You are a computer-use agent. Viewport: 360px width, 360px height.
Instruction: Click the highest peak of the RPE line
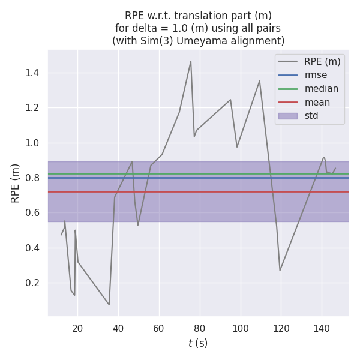tap(191, 61)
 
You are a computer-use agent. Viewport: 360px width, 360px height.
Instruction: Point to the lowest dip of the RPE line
tap(109, 305)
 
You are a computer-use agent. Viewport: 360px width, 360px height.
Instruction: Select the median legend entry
tap(321, 89)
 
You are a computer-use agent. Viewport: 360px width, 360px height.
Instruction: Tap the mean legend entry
tap(317, 103)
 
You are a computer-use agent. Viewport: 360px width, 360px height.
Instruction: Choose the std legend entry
tap(311, 116)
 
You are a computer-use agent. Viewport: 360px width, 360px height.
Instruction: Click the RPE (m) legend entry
tap(322, 61)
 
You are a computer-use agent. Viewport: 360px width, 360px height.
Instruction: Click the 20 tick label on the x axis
tap(77, 328)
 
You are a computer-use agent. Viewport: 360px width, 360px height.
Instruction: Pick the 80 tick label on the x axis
tap(199, 328)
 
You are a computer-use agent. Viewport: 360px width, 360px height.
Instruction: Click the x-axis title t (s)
tap(198, 343)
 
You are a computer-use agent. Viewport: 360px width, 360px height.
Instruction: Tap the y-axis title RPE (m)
tap(16, 182)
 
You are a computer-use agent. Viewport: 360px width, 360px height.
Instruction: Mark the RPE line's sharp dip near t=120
tap(280, 270)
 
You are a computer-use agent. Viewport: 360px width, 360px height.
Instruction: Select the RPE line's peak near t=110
tap(259, 81)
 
